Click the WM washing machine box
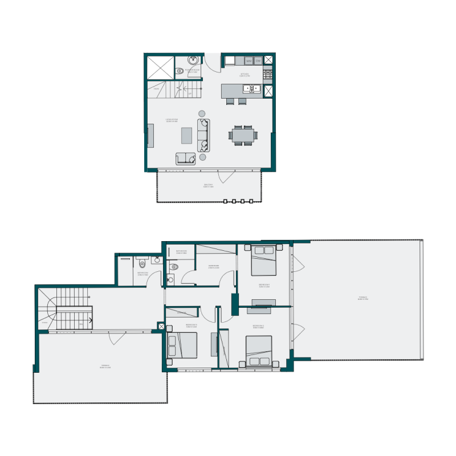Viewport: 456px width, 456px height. pyautogui.click(x=249, y=61)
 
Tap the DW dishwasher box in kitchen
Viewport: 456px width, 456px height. pyautogui.click(x=258, y=61)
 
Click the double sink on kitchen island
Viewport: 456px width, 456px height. pyautogui.click(x=251, y=88)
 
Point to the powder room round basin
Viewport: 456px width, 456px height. pyautogui.click(x=193, y=60)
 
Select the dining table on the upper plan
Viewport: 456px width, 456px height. pyautogui.click(x=244, y=135)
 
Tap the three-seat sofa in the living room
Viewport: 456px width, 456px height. pyautogui.click(x=203, y=135)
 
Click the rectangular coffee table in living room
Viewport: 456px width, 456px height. pyautogui.click(x=186, y=136)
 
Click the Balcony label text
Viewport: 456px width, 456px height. pyautogui.click(x=209, y=185)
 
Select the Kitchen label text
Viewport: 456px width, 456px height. pyautogui.click(x=245, y=75)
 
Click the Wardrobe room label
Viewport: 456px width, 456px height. pyautogui.click(x=214, y=266)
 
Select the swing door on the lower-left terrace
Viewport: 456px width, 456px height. pyautogui.click(x=117, y=338)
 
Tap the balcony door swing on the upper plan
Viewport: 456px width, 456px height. pyautogui.click(x=225, y=176)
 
